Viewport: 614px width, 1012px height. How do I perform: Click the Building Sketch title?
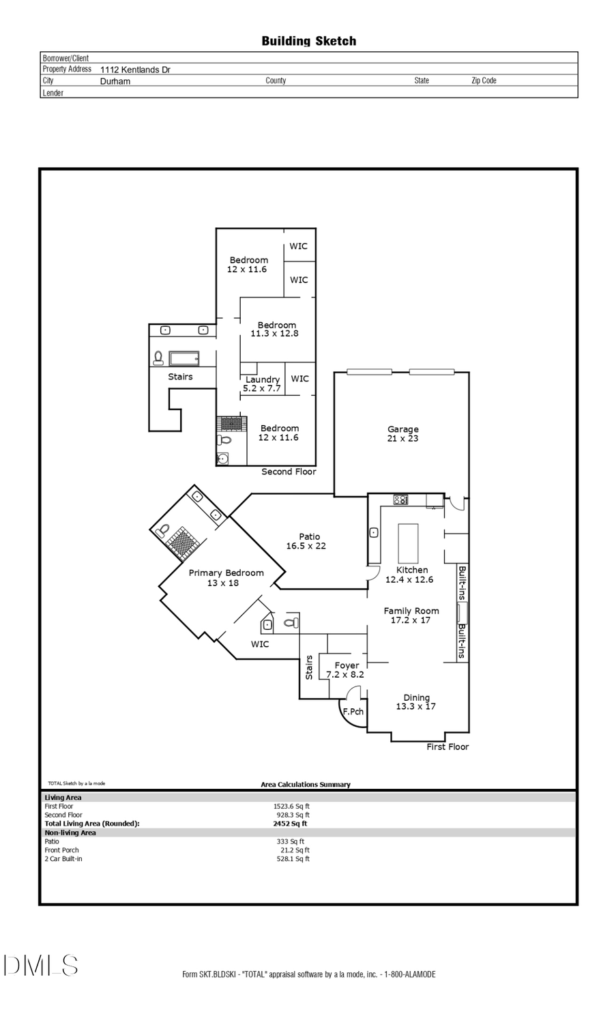(x=308, y=41)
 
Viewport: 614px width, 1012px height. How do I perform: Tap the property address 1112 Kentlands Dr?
(x=135, y=70)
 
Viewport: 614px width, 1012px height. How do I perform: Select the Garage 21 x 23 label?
(x=403, y=434)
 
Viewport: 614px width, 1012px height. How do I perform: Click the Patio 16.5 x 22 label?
(x=306, y=541)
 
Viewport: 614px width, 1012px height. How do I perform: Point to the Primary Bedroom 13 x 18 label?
(x=226, y=578)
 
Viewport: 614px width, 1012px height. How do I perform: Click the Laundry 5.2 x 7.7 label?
(x=262, y=384)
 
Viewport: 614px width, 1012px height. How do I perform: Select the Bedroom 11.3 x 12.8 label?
(x=276, y=330)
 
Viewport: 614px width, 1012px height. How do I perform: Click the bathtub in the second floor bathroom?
(x=184, y=358)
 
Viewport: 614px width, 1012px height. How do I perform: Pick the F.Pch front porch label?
(x=353, y=712)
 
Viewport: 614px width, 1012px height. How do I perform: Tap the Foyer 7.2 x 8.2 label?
(x=346, y=669)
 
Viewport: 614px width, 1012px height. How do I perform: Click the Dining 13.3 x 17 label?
(x=416, y=702)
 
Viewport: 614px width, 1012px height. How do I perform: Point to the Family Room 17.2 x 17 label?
(x=411, y=616)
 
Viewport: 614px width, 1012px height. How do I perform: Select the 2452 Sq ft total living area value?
(x=290, y=824)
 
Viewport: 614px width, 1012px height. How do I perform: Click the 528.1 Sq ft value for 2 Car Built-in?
(x=293, y=859)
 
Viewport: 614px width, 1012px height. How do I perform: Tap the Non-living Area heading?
(x=70, y=833)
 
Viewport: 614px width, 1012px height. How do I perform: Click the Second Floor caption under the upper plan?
(x=289, y=472)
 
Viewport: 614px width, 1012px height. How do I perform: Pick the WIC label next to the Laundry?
(x=299, y=379)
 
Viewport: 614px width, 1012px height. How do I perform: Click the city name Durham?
(x=115, y=81)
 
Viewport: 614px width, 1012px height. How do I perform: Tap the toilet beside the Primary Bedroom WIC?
(x=291, y=622)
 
